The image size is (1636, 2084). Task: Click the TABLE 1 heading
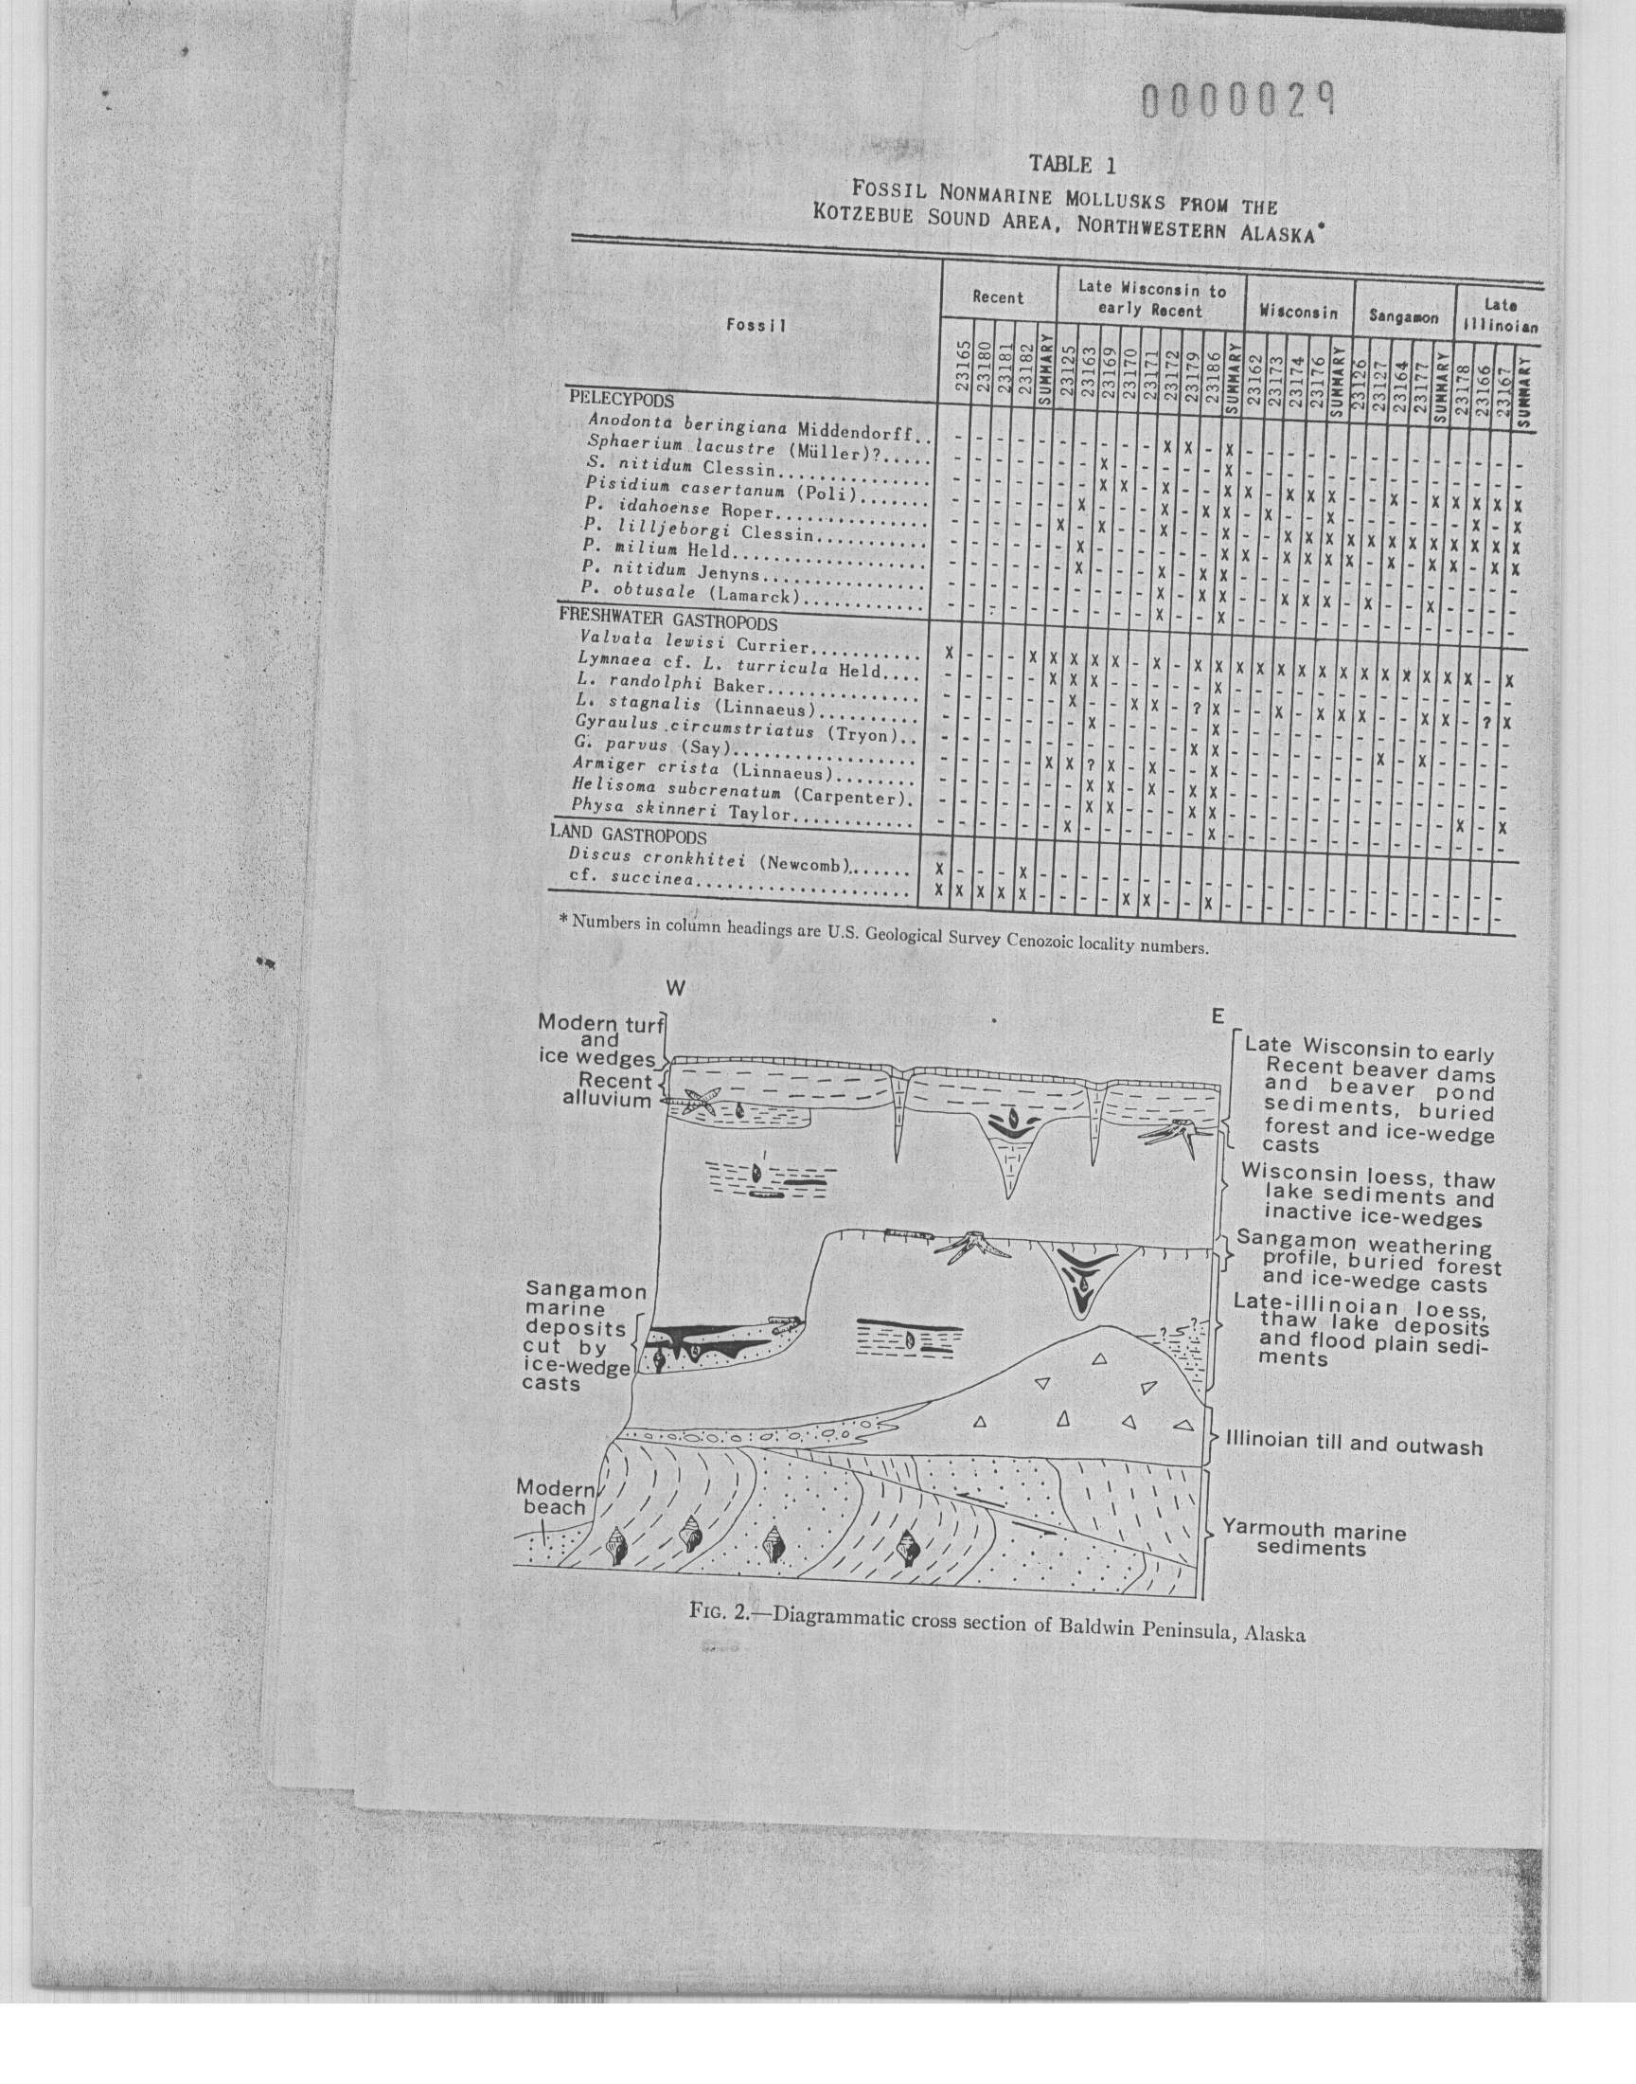[x=1072, y=164]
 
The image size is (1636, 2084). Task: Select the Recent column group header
[x=997, y=297]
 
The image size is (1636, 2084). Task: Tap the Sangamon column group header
[x=1403, y=315]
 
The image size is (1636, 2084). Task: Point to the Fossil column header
[x=756, y=325]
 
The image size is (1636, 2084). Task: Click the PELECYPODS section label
[x=621, y=400]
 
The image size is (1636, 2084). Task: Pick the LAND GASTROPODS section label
[x=628, y=835]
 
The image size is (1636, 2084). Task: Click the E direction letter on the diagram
[x=1217, y=1016]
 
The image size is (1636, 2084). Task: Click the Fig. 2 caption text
[x=997, y=1635]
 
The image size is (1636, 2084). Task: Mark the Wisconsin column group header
[x=1298, y=313]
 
